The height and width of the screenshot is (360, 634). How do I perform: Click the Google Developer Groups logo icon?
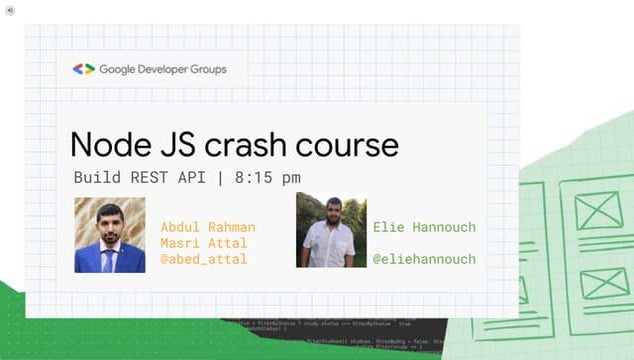click(x=83, y=69)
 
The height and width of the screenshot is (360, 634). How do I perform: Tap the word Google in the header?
click(x=122, y=69)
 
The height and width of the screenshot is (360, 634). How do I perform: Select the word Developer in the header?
click(x=168, y=69)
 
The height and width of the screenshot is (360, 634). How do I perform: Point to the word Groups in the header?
click(x=211, y=69)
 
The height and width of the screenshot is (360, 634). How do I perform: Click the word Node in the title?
click(x=109, y=144)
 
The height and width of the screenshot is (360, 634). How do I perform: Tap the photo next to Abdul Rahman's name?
click(x=109, y=236)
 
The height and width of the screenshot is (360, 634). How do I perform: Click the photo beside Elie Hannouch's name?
click(x=331, y=230)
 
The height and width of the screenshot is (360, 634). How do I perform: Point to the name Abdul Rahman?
click(x=208, y=226)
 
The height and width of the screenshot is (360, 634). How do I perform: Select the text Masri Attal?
click(x=204, y=243)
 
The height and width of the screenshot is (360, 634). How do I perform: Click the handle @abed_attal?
click(x=204, y=259)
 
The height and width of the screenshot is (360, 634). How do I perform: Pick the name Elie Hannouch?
click(x=424, y=227)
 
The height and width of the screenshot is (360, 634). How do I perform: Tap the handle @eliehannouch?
click(x=424, y=259)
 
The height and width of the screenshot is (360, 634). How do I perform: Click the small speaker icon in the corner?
click(x=8, y=6)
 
